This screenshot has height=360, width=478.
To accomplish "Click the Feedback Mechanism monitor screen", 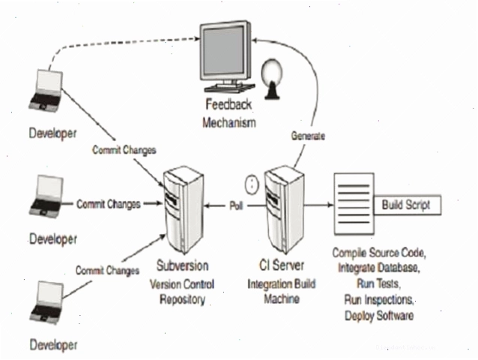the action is pyautogui.click(x=224, y=51).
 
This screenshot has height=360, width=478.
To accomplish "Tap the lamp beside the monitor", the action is pyautogui.click(x=271, y=79).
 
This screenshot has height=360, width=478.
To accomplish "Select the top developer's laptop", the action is pyautogui.click(x=46, y=90).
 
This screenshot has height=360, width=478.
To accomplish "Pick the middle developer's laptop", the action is pyautogui.click(x=46, y=196).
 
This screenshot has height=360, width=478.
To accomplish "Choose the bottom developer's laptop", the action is pyautogui.click(x=46, y=302).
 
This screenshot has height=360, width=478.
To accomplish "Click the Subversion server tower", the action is pyautogui.click(x=184, y=210).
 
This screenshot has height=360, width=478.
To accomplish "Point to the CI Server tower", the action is pyautogui.click(x=284, y=210).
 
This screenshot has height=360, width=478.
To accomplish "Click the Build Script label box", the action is pyautogui.click(x=407, y=205).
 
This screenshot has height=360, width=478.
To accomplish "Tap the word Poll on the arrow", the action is pyautogui.click(x=236, y=205).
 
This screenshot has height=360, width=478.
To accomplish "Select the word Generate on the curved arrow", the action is pyautogui.click(x=308, y=136).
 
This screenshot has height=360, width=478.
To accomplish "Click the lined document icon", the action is pyautogui.click(x=354, y=204).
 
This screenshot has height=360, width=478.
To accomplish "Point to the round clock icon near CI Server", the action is pyautogui.click(x=252, y=184).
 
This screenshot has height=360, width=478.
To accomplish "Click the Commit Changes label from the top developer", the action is pyautogui.click(x=124, y=150).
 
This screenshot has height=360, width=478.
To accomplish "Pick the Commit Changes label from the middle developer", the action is pyautogui.click(x=109, y=204).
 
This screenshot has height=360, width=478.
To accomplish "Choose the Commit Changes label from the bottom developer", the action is pyautogui.click(x=107, y=271).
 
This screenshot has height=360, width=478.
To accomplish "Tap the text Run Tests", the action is pyautogui.click(x=378, y=283).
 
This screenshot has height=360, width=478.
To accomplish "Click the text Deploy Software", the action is pyautogui.click(x=379, y=316).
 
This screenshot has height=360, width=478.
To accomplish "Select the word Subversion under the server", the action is pyautogui.click(x=183, y=265).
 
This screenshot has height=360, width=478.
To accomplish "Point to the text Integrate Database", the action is pyautogui.click(x=379, y=268).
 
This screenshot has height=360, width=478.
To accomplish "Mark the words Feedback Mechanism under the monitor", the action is pyautogui.click(x=229, y=113).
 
